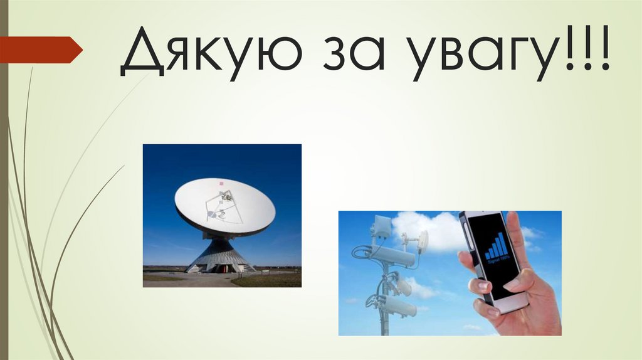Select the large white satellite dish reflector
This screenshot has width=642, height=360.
[x=224, y=206]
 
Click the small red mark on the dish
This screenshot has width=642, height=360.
[x=220, y=183]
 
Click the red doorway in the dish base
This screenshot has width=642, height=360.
[x=221, y=268]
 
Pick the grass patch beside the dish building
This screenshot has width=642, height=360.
[x=270, y=280]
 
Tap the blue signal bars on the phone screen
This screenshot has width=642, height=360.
[x=496, y=246]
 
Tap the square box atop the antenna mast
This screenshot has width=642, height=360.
[x=382, y=226]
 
